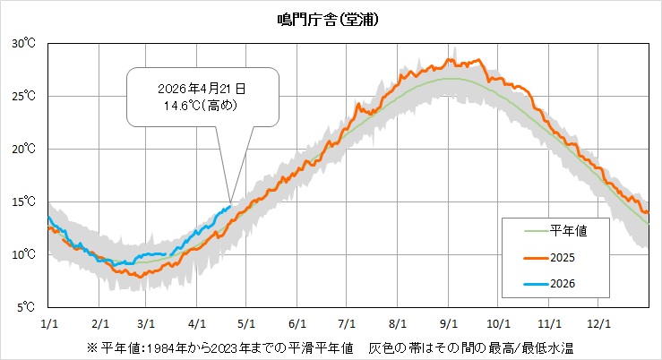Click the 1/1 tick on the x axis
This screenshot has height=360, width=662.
(x=49, y=324)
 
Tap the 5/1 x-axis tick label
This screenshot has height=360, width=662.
(x=247, y=324)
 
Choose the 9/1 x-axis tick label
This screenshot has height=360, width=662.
(x=447, y=324)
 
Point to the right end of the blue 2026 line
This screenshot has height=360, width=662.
(x=230, y=207)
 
